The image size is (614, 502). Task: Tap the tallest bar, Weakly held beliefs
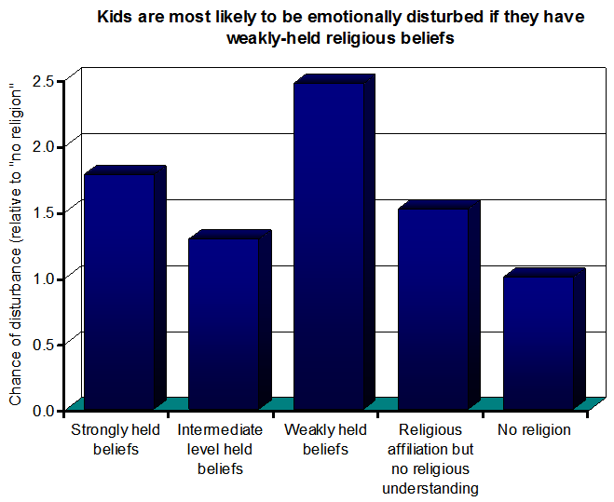click(328, 246)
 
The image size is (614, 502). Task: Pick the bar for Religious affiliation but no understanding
click(432, 308)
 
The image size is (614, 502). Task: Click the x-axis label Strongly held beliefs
click(116, 440)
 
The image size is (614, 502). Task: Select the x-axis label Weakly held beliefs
click(326, 440)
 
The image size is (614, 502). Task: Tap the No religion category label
click(534, 430)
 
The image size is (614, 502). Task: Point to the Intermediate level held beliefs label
click(220, 450)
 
